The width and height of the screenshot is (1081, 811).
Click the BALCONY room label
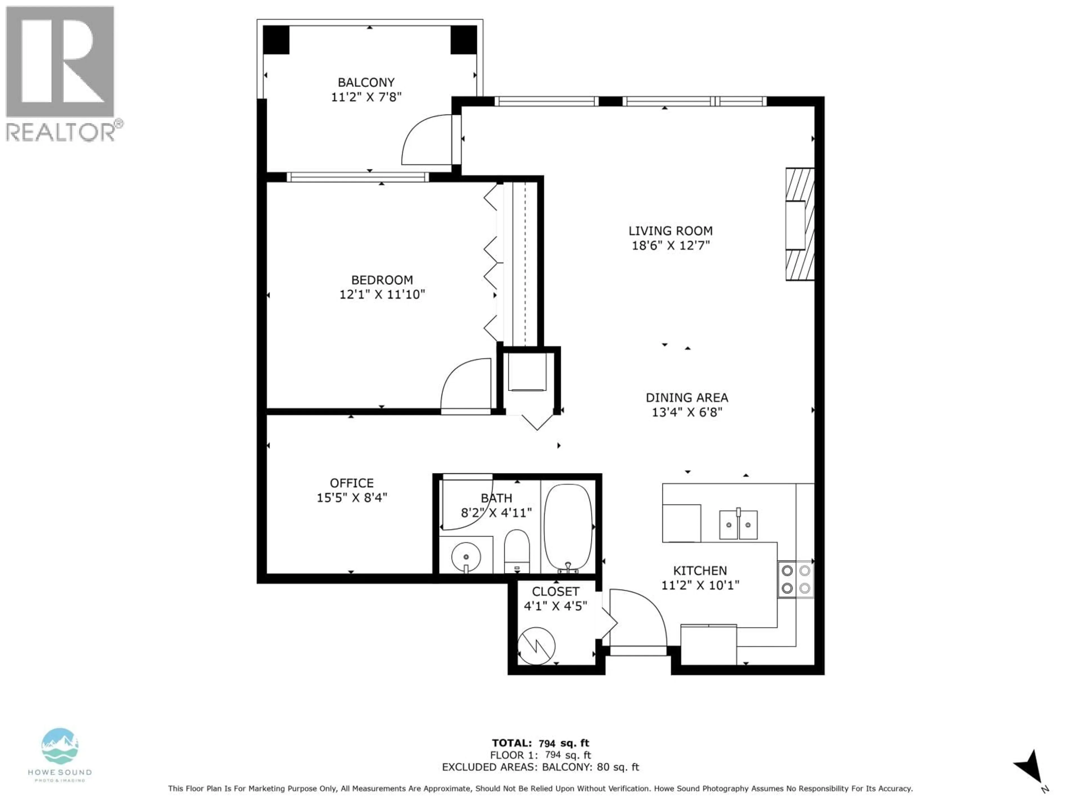coord(366,82)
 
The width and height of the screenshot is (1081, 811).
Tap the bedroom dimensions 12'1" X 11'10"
coord(382,294)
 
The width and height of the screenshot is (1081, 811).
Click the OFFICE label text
coord(351,483)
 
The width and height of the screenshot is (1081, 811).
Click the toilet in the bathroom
coord(517,550)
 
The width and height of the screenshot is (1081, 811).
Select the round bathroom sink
coord(466,556)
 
